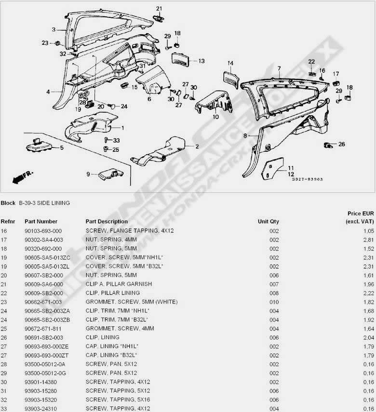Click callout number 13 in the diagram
pos(201,61)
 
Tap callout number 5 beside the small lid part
pos(62,147)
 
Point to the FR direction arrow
pos(23,177)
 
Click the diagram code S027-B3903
pos(308,179)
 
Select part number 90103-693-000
pos(43,231)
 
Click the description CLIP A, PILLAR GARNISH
pos(119,284)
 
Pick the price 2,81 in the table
pos(369,240)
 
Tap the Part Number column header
pos(41,222)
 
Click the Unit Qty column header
pos(268,222)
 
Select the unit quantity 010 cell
pos(274,302)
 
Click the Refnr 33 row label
pos(4,409)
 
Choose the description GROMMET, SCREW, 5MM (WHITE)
pos(132,302)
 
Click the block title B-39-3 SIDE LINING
pos(44,203)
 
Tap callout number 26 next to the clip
pos(342,144)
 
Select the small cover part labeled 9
pos(111,174)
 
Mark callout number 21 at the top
pos(159,9)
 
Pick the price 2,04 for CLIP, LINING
pos(369,338)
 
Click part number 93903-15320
pos(41,399)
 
